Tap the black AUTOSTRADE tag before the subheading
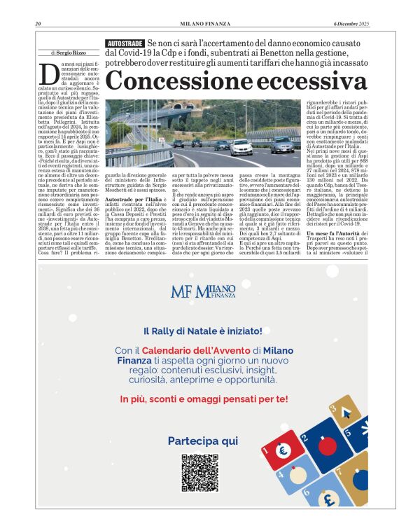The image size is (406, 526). [x=125, y=43]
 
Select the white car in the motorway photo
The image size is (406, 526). [x=241, y=146]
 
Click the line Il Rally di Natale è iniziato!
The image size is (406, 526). [x=203, y=331]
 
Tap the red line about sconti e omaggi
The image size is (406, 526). [x=203, y=399]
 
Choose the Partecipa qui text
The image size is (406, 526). [x=203, y=441]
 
